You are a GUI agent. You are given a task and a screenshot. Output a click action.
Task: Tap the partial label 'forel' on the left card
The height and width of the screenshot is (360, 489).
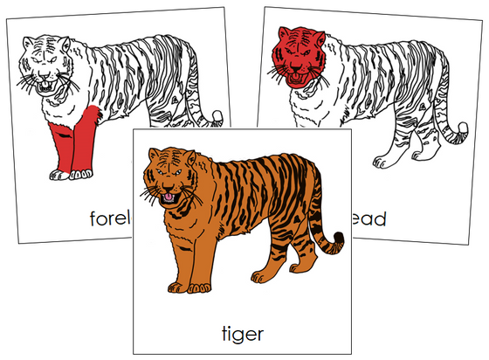click(x=109, y=218)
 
